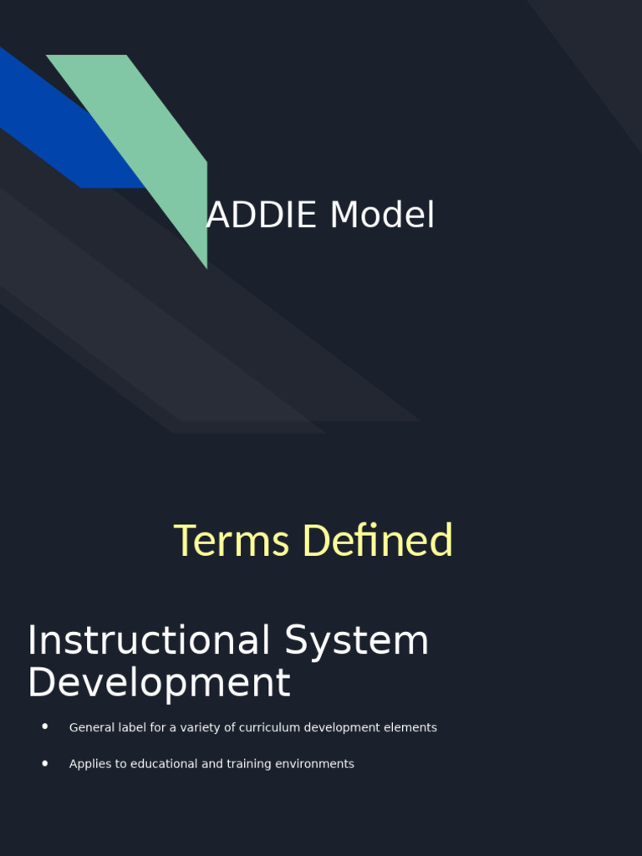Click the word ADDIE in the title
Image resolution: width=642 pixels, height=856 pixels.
(x=262, y=216)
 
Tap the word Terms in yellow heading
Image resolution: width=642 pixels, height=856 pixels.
(x=232, y=541)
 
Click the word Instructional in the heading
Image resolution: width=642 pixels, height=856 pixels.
(x=149, y=641)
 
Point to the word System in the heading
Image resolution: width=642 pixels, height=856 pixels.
(x=356, y=641)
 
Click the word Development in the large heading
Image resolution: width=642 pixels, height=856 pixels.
(x=159, y=683)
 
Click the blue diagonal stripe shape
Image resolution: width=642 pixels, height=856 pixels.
(x=50, y=125)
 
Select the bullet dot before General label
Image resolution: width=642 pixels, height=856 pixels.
(x=45, y=727)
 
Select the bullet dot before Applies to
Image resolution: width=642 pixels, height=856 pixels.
(x=45, y=763)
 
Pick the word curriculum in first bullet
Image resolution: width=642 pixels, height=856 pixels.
(x=269, y=728)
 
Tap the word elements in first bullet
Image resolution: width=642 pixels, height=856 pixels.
(x=410, y=728)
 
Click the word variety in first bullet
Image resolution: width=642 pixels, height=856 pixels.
(x=201, y=728)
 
